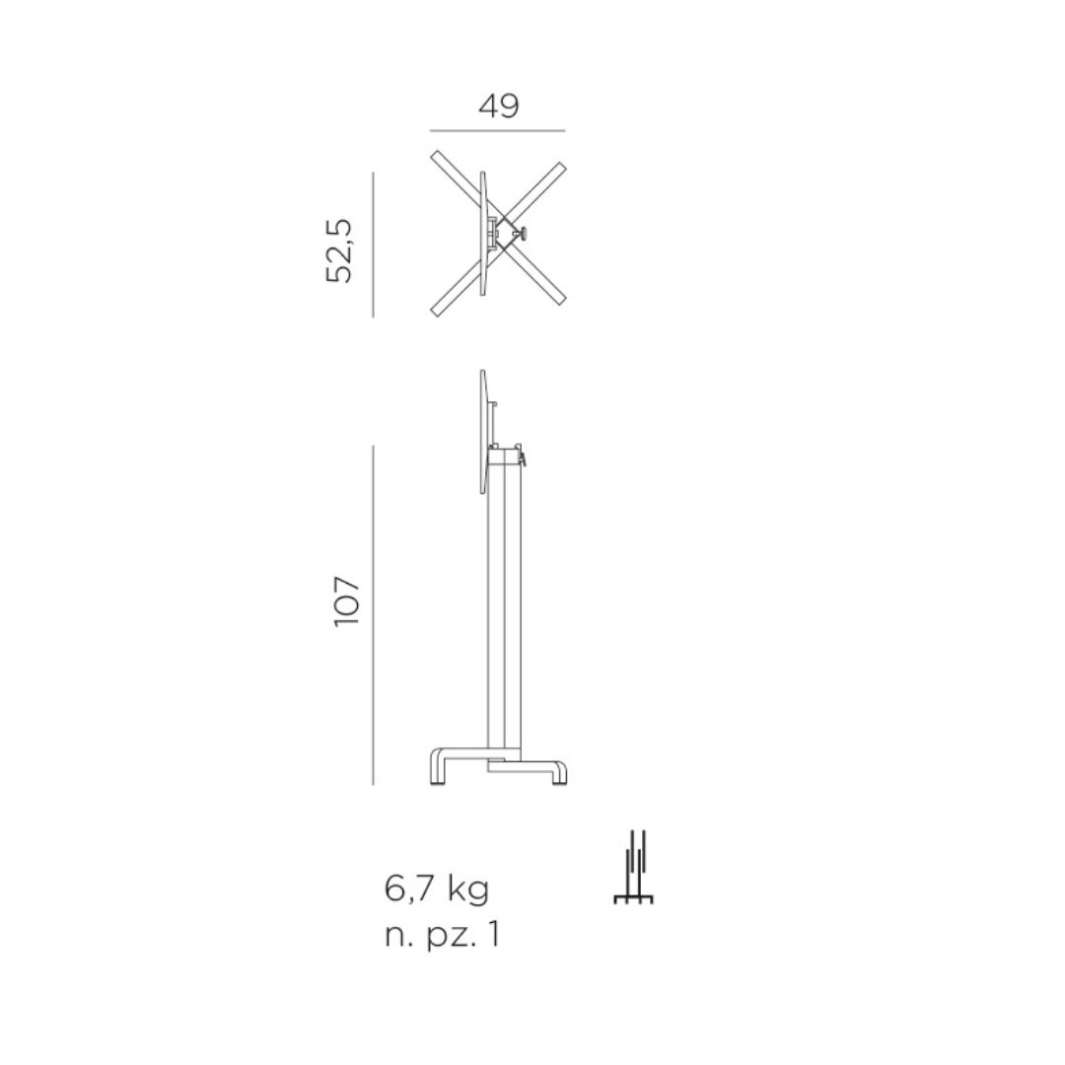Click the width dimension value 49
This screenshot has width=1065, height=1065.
499,106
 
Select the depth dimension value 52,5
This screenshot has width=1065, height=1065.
339,250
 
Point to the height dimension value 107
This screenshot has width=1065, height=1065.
346,602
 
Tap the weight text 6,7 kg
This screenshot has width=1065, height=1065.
437,889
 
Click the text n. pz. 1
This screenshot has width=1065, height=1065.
442,935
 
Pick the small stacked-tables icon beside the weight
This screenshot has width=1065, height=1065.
634,868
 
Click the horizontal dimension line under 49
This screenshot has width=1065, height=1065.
498,130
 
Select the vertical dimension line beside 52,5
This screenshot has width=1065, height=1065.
373,245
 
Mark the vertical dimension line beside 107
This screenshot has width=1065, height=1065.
373,615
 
